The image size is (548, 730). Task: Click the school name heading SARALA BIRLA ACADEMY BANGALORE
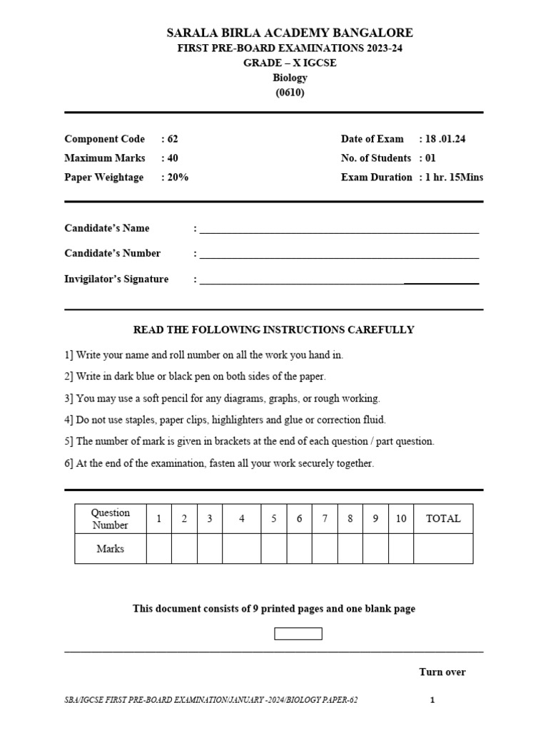[x=290, y=33]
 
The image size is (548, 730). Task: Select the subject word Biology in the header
[x=290, y=78]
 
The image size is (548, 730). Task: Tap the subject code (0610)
[x=290, y=93]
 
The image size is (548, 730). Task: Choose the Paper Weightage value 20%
[x=176, y=178]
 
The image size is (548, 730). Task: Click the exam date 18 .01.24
[x=445, y=139]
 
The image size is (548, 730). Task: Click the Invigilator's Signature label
[x=116, y=279]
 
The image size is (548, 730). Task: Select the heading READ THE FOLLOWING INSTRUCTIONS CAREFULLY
[x=274, y=330]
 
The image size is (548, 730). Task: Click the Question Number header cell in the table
[x=111, y=519]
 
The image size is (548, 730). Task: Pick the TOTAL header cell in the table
[x=443, y=519]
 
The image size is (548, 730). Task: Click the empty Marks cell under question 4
[x=242, y=549]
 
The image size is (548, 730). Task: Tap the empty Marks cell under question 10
[x=401, y=549]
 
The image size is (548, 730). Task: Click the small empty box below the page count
[x=298, y=634]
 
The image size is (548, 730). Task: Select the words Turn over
[x=442, y=672]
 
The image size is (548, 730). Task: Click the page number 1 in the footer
[x=432, y=700]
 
